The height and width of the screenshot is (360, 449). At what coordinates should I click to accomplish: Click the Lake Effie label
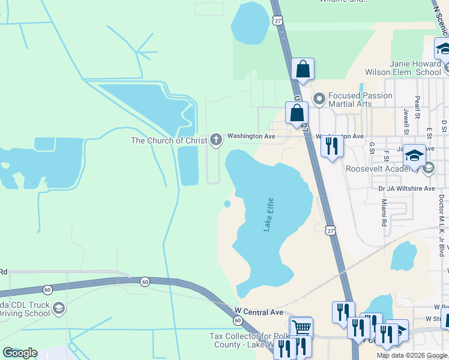pyautogui.click(x=269, y=214)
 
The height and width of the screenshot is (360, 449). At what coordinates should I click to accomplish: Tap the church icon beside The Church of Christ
pyautogui.click(x=216, y=140)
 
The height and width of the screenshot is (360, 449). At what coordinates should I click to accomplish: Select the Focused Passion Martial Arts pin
pyautogui.click(x=319, y=97)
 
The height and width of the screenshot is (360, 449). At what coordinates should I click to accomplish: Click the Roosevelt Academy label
pyautogui.click(x=384, y=169)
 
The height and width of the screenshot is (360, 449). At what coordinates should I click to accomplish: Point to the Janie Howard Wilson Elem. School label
pyautogui.click(x=415, y=67)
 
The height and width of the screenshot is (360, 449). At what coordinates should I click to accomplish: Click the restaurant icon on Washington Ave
pyautogui.click(x=331, y=146)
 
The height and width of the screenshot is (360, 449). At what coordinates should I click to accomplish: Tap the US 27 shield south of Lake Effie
pyautogui.click(x=330, y=230)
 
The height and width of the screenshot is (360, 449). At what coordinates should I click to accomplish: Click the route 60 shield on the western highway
pyautogui.click(x=145, y=281)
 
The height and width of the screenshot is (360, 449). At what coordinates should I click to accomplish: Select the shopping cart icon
pyautogui.click(x=301, y=328)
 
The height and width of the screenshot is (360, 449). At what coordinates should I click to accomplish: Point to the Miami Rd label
pyautogui.click(x=384, y=214)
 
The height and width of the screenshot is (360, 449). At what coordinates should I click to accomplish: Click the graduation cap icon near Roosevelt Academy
pyautogui.click(x=414, y=155)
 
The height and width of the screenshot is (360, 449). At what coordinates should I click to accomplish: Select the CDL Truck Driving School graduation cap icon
pyautogui.click(x=59, y=309)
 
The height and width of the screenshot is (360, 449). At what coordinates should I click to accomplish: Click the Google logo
pyautogui.click(x=20, y=353)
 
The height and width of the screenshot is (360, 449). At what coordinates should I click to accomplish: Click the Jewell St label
pyautogui.click(x=406, y=122)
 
